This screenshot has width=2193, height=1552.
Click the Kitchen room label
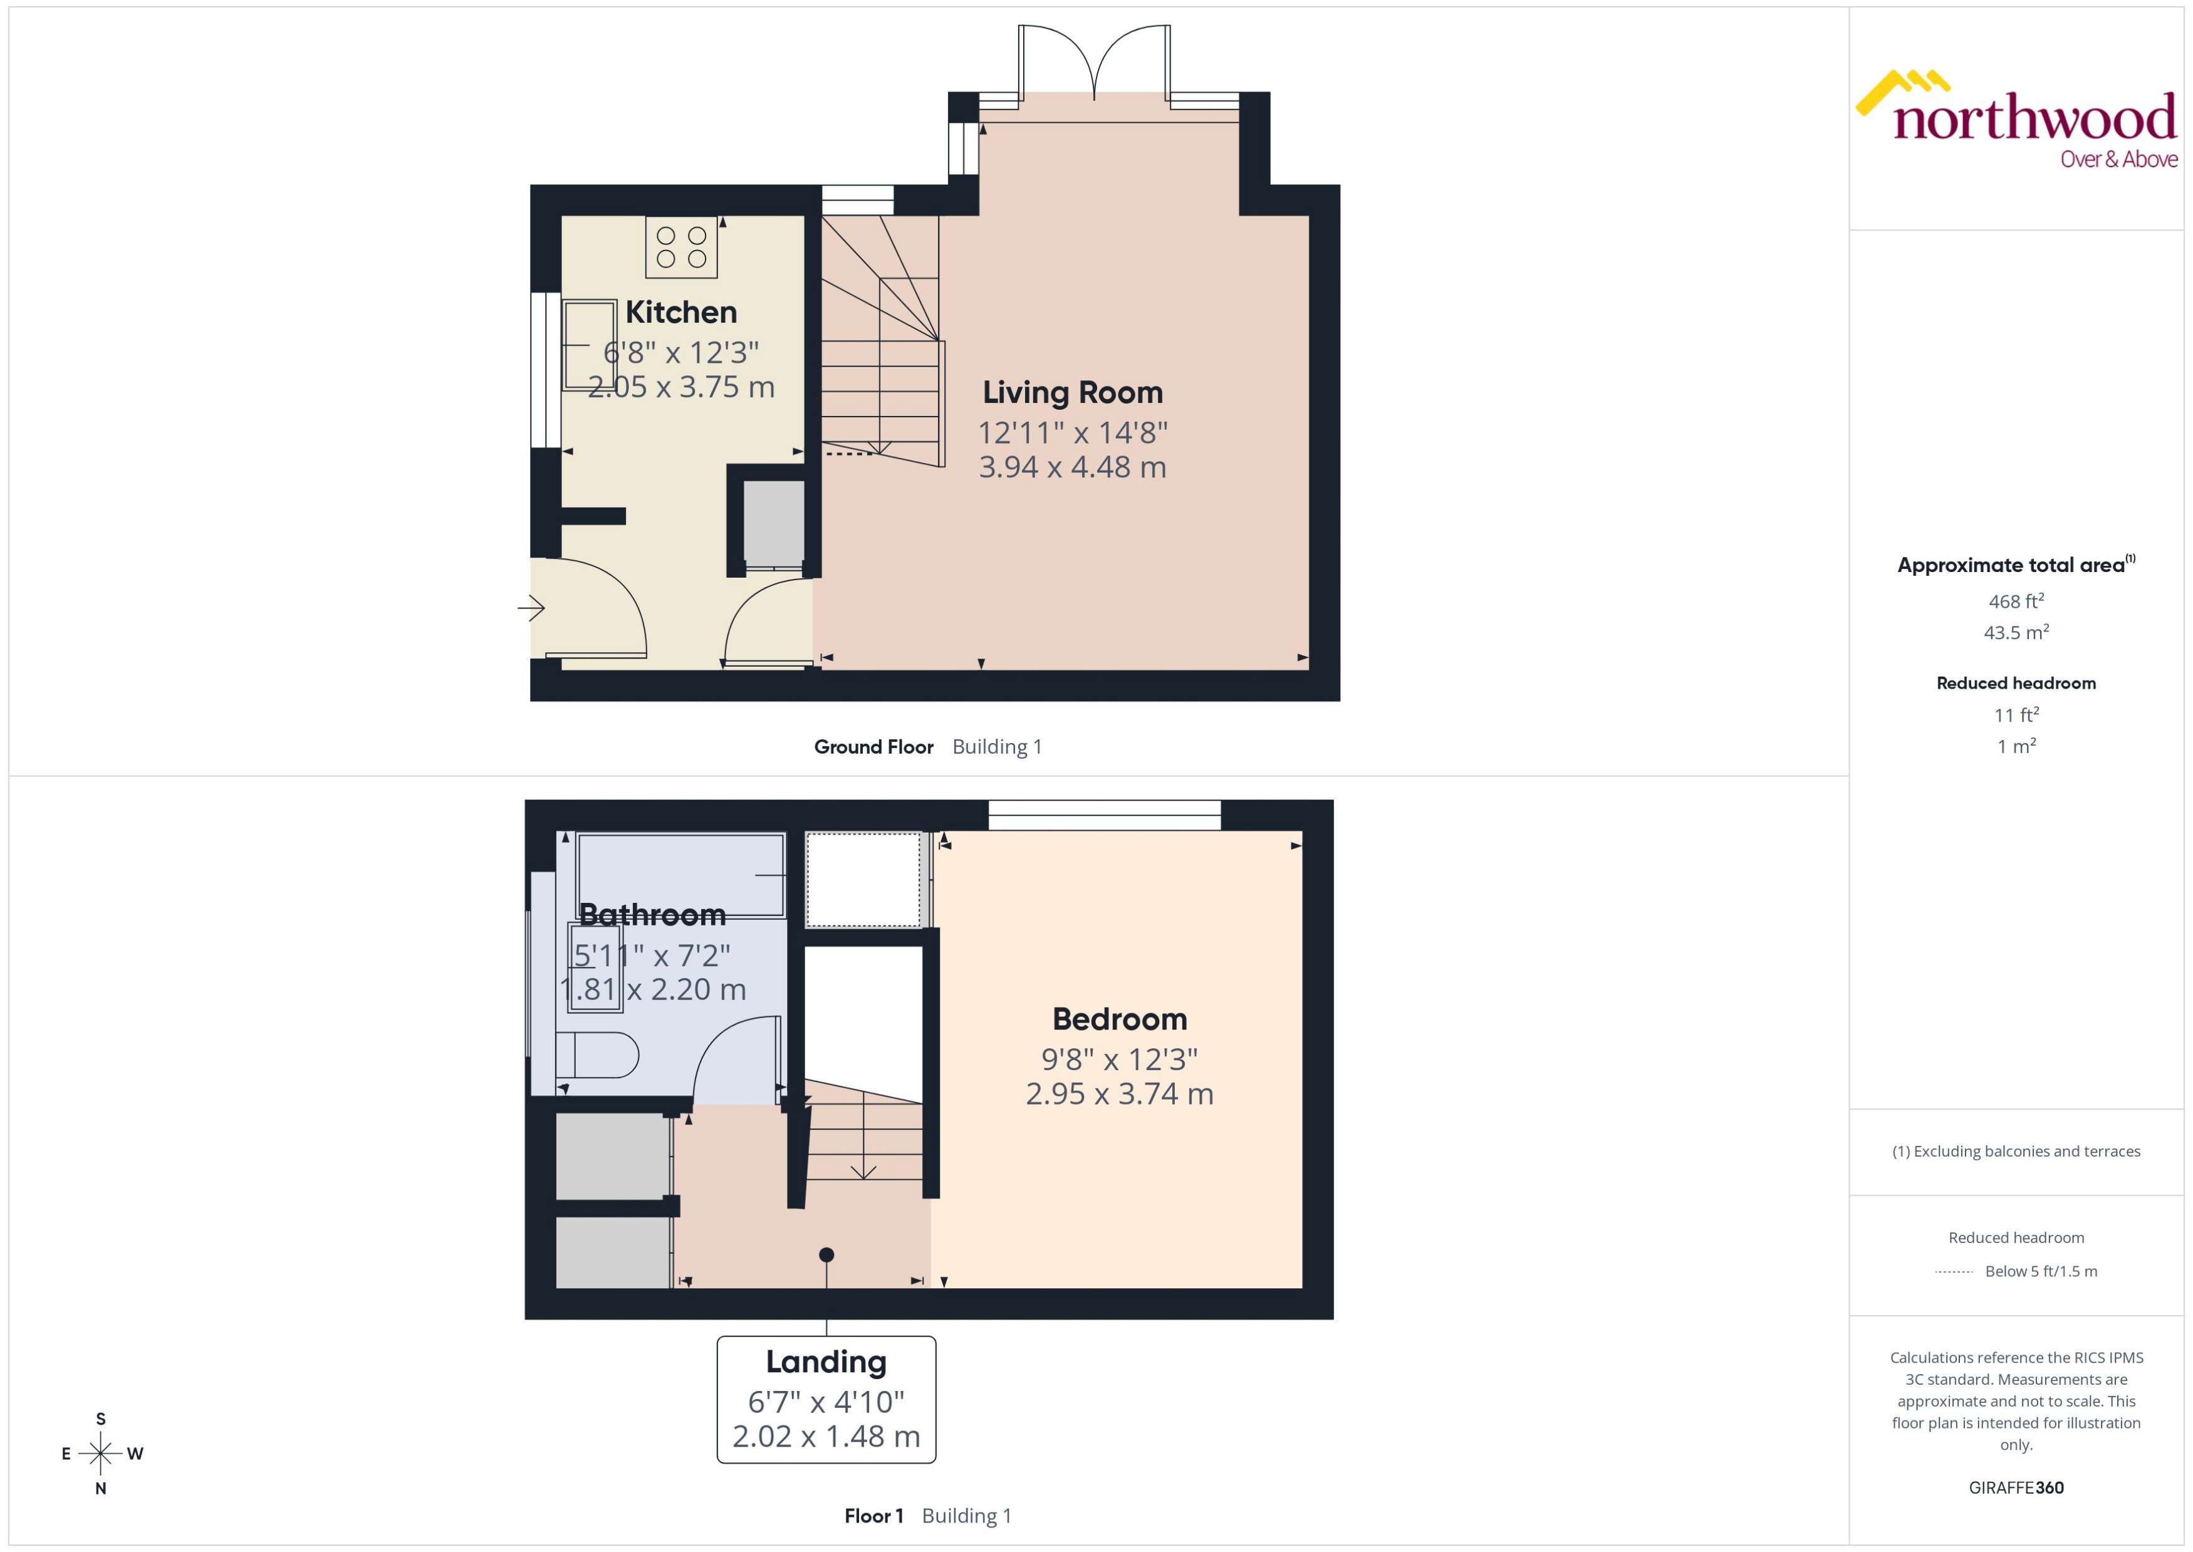coord(680,313)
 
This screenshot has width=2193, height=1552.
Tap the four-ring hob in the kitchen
coord(681,247)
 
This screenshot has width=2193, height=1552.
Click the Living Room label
coord(1072,393)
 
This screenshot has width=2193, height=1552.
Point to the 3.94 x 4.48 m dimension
coord(1072,467)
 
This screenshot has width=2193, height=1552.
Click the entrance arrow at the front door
coord(531,608)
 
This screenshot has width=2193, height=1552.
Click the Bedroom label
coord(1119,1019)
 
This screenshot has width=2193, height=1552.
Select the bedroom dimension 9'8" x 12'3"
coord(1119,1060)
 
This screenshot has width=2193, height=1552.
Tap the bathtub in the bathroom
coord(680,875)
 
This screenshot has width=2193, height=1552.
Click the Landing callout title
coord(826,1362)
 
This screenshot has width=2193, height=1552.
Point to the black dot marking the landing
coord(826,1255)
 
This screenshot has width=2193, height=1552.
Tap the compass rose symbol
coord(100,1454)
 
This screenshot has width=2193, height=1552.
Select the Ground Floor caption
coord(873,747)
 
